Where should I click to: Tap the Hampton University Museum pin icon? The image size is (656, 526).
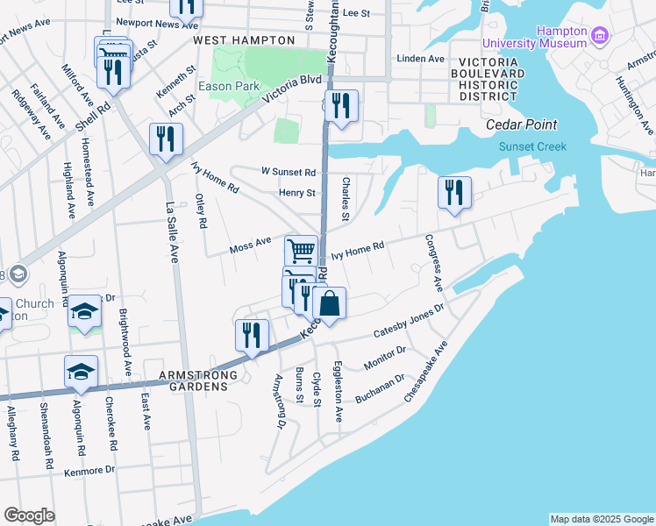[600, 35]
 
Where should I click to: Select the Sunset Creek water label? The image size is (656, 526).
[532, 146]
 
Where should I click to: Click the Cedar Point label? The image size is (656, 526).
[521, 124]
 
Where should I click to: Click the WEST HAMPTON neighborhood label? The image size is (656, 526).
[244, 40]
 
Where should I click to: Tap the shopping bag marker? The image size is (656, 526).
[329, 305]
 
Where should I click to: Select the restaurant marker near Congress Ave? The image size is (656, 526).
[454, 193]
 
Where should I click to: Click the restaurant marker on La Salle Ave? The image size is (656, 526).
[165, 139]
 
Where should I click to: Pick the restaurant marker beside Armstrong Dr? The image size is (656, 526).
[252, 336]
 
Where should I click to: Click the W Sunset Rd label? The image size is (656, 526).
[288, 172]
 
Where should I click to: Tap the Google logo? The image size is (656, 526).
[29, 515]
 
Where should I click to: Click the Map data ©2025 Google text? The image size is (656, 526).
[601, 519]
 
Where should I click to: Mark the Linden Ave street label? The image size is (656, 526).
[421, 59]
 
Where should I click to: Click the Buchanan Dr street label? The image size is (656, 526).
[379, 389]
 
